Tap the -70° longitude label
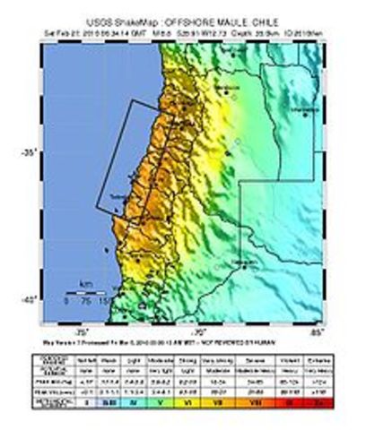click(x=200, y=331)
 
